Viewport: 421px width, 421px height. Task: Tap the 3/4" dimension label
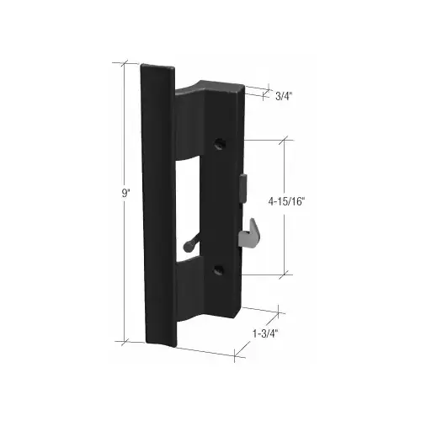pos(284,96)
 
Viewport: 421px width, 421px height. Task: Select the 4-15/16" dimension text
pos(286,201)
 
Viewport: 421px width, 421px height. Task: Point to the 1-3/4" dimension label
pos(265,333)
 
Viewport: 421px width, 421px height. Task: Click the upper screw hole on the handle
pos(220,144)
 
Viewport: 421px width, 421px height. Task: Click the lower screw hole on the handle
pos(218,269)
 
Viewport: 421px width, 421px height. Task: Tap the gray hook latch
pos(248,233)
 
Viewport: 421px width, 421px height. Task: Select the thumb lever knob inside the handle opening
pos(188,246)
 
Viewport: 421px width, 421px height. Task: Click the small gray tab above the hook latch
pos(243,188)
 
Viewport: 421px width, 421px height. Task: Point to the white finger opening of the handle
pos(187,208)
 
